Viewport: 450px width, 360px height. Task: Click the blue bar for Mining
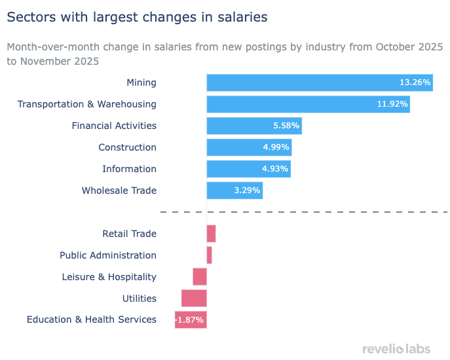(x=301, y=82)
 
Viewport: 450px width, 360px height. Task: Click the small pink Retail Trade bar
(x=211, y=234)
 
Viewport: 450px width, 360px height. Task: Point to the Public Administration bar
(x=209, y=255)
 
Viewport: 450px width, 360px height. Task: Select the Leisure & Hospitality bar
(x=200, y=277)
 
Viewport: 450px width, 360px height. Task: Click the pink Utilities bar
(x=194, y=298)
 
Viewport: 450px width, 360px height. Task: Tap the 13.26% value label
(x=415, y=82)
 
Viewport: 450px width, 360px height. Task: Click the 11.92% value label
(x=392, y=104)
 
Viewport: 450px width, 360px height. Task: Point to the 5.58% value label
(x=286, y=126)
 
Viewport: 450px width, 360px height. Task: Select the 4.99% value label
(x=275, y=147)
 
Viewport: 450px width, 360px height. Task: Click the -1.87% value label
(x=190, y=320)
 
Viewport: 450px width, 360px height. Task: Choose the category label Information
(x=129, y=169)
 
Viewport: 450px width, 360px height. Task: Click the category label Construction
(x=127, y=147)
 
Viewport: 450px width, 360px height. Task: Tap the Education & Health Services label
(x=92, y=319)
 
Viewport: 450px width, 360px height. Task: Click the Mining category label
(x=141, y=82)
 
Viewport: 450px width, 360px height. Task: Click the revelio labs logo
(x=396, y=349)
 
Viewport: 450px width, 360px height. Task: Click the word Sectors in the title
(x=29, y=18)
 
